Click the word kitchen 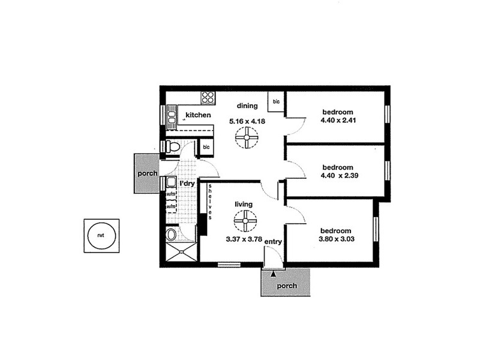click(198, 115)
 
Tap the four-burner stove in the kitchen click(208, 97)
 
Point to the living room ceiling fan click(244, 223)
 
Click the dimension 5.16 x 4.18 click(247, 121)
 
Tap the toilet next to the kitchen click(173, 146)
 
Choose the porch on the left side click(146, 173)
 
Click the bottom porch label click(287, 286)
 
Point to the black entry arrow click(274, 274)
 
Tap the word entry click(274, 242)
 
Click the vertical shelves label click(210, 200)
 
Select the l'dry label click(187, 184)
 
